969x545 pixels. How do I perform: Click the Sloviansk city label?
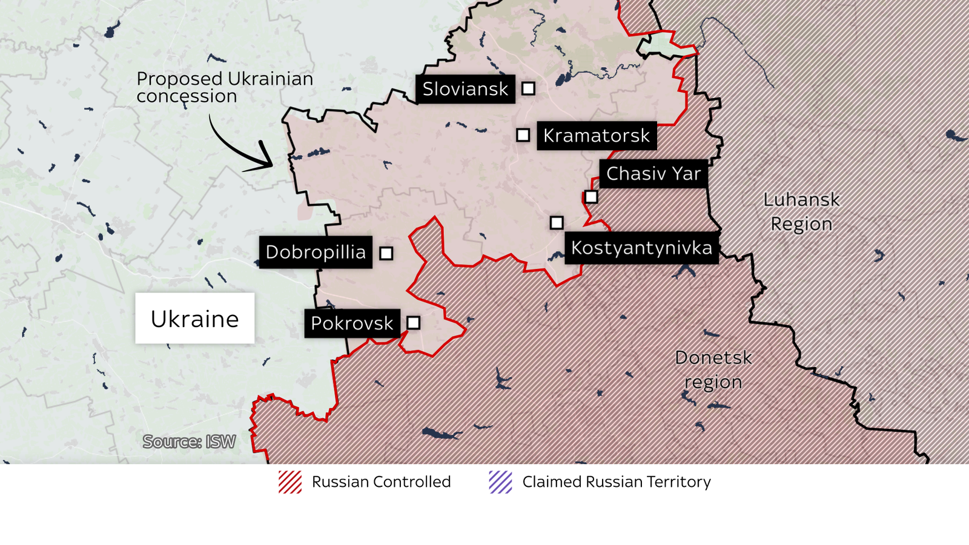pyautogui.click(x=465, y=89)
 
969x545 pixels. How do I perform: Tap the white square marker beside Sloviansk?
pyautogui.click(x=528, y=88)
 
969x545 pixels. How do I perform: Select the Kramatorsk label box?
pyautogui.click(x=597, y=136)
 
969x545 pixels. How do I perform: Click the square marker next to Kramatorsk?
pyautogui.click(x=523, y=135)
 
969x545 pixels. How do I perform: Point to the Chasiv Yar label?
pyautogui.click(x=653, y=174)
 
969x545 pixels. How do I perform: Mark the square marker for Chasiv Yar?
pyautogui.click(x=591, y=197)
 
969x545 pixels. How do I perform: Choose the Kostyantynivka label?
pyautogui.click(x=641, y=248)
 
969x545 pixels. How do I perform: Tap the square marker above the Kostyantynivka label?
pyautogui.click(x=557, y=223)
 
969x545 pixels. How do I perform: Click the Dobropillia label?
pyautogui.click(x=316, y=252)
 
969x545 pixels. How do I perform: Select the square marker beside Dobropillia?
pyautogui.click(x=386, y=253)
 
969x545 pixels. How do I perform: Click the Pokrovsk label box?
pyautogui.click(x=352, y=323)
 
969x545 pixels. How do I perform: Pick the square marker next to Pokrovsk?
pyautogui.click(x=414, y=323)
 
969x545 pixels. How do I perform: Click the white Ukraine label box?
pyautogui.click(x=194, y=319)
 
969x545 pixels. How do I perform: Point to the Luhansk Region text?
pyautogui.click(x=801, y=211)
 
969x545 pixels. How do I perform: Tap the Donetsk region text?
pyautogui.click(x=713, y=369)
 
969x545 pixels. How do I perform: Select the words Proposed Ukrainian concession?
pyautogui.click(x=224, y=87)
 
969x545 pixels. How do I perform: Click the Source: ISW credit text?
pyautogui.click(x=189, y=442)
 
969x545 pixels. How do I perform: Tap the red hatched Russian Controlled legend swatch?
pyautogui.click(x=290, y=482)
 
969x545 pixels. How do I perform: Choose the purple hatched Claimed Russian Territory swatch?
pyautogui.click(x=501, y=482)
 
